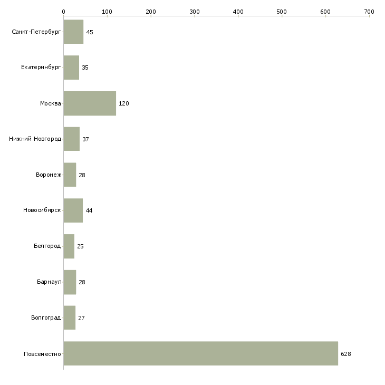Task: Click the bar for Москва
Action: click(90, 103)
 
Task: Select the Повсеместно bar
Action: click(201, 353)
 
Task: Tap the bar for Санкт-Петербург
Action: click(73, 32)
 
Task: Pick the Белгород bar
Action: click(69, 246)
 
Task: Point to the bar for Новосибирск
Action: click(73, 210)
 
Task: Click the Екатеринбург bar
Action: click(71, 68)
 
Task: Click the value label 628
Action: click(346, 354)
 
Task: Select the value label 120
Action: click(124, 103)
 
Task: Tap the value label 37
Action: click(85, 139)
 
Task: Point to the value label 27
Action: click(81, 318)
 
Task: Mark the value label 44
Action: click(89, 210)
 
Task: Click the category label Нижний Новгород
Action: click(35, 139)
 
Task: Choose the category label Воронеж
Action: click(49, 175)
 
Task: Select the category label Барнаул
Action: click(49, 282)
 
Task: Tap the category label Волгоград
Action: click(46, 317)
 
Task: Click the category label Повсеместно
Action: click(42, 354)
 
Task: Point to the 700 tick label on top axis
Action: click(369, 12)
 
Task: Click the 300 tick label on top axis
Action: click(195, 12)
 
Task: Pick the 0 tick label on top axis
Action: click(64, 12)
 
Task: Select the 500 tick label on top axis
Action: click(282, 12)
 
